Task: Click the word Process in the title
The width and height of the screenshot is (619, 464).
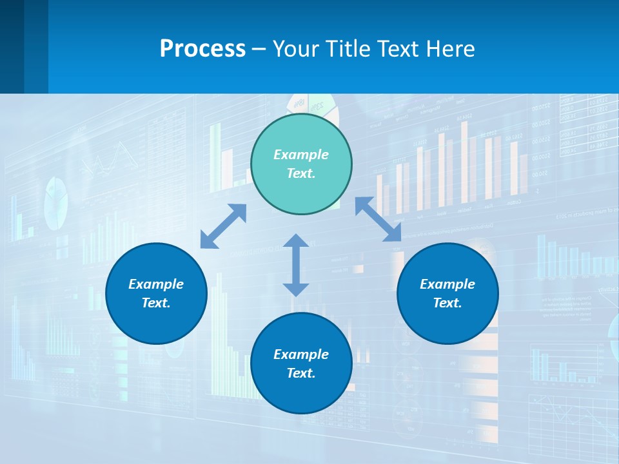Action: coord(202,48)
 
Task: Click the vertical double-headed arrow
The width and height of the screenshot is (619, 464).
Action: coord(296,265)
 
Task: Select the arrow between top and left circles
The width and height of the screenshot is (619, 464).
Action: coord(223,226)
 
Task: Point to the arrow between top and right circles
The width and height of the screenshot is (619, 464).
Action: coord(378,219)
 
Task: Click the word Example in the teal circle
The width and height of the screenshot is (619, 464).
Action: coord(301,155)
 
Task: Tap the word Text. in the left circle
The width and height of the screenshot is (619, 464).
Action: coord(156,303)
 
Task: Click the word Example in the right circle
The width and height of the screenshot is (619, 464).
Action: coord(447,284)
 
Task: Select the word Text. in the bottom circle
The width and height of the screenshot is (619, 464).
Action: coord(301,373)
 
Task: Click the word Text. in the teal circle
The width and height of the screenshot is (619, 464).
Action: coord(301,173)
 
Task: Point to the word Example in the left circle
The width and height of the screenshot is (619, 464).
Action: coord(156,284)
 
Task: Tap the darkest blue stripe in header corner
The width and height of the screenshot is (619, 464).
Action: coord(12,46)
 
